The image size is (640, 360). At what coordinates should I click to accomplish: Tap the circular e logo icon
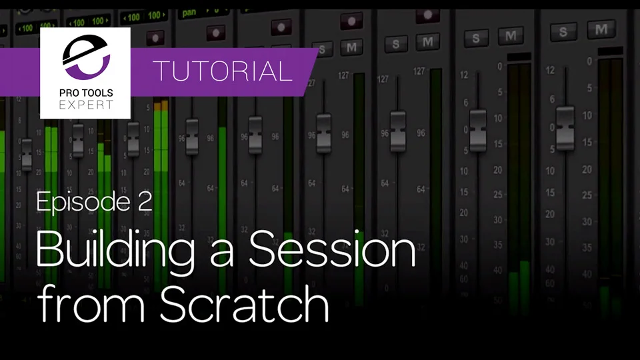pyautogui.click(x=85, y=59)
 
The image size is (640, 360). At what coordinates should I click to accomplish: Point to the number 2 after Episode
pyautogui.click(x=145, y=201)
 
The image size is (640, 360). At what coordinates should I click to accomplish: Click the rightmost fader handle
pyautogui.click(x=565, y=126)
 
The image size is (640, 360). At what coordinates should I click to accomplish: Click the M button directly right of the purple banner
pyautogui.click(x=350, y=47)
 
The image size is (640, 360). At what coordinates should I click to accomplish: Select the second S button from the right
pyautogui.click(x=475, y=37)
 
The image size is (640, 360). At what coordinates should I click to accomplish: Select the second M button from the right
pyautogui.click(x=511, y=36)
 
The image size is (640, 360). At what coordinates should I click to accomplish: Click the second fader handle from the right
pyautogui.click(x=477, y=129)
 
